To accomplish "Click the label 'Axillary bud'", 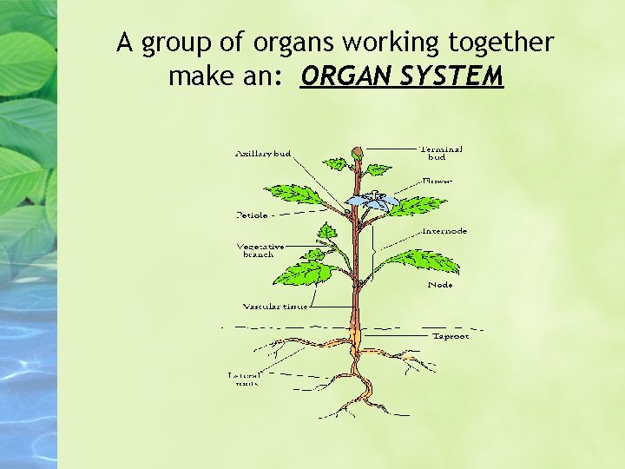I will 263,154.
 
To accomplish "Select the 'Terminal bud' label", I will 441,153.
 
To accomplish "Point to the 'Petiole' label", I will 252,214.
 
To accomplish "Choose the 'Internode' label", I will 444,231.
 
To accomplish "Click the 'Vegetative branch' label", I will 260,250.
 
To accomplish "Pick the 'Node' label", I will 440,285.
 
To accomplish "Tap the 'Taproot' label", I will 451,336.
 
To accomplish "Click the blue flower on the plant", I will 372,201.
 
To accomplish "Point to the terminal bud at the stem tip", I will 357,155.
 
